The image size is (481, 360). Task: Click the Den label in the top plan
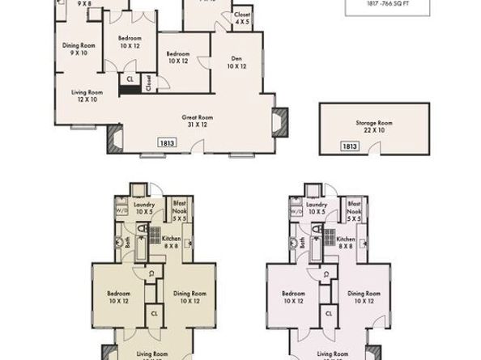click(236, 62)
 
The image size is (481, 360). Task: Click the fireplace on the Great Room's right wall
click(281, 123)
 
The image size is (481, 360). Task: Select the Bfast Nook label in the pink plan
click(354, 209)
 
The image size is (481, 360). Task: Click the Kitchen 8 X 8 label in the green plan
click(172, 243)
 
